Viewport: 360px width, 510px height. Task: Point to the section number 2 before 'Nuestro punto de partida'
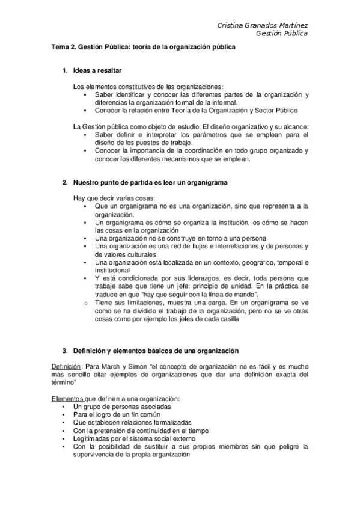pyautogui.click(x=64, y=182)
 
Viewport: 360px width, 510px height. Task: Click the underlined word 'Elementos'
pyautogui.click(x=67, y=399)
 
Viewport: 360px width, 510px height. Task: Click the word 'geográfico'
pyautogui.click(x=257, y=263)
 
